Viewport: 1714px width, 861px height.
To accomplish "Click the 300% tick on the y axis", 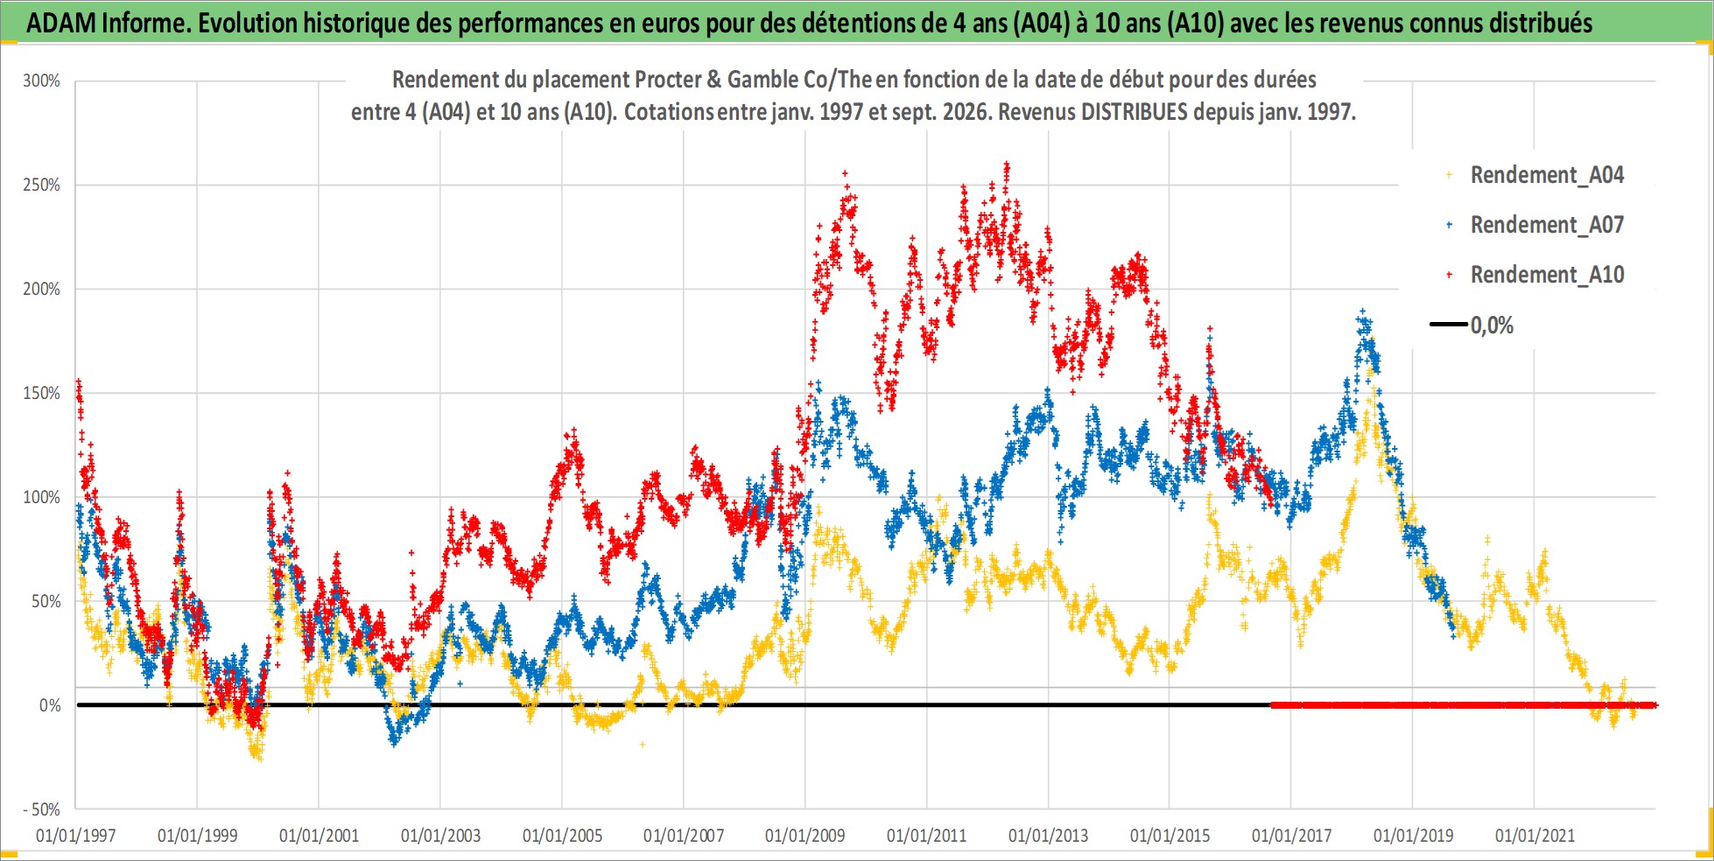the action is point(41,80).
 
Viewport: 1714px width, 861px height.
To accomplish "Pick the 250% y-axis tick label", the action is point(41,185).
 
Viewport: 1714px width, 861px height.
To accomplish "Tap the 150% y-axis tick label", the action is point(41,393).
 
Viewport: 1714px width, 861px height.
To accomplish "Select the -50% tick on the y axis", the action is point(41,809).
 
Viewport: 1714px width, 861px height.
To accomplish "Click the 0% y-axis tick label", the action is point(50,705).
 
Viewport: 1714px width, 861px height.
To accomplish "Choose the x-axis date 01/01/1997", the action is point(75,836).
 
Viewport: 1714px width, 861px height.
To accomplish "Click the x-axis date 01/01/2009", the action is point(804,836).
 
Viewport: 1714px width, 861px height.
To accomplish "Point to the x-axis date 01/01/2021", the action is point(1535,836).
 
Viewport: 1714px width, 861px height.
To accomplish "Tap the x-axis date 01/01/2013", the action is point(1048,836).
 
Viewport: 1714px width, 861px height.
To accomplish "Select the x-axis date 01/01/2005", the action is point(562,836).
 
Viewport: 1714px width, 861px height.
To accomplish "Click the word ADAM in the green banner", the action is point(61,23).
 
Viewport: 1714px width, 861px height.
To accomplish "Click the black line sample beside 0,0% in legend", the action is point(1449,325).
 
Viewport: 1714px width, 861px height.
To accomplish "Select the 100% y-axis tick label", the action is point(41,497).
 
